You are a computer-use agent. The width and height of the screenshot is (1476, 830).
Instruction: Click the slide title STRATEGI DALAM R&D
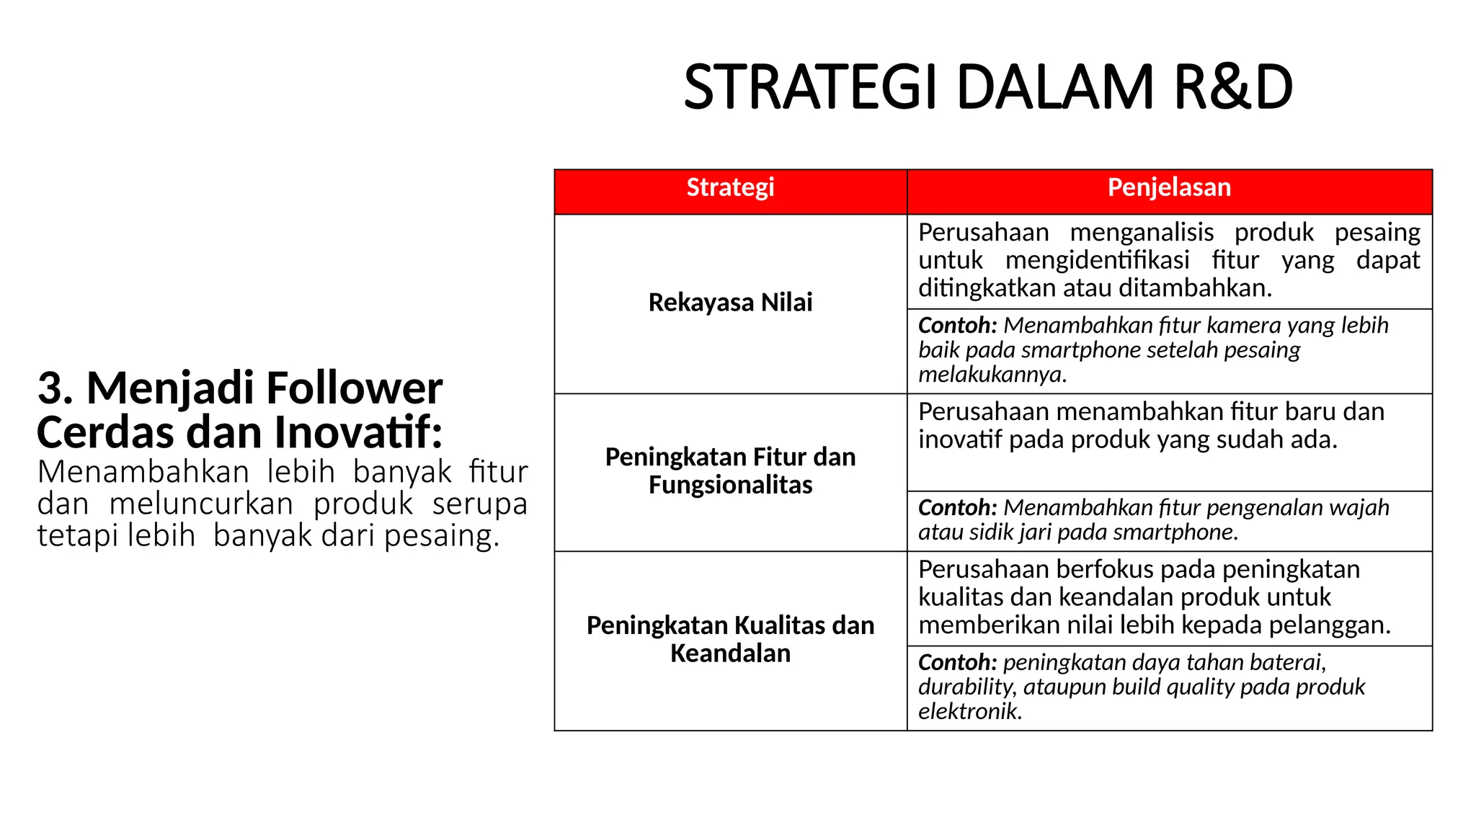point(987,88)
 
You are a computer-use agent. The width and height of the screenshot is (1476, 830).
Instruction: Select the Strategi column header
point(730,187)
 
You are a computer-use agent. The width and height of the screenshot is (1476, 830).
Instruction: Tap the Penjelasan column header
point(1169,187)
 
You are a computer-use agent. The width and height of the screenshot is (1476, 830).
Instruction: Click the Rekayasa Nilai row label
point(730,303)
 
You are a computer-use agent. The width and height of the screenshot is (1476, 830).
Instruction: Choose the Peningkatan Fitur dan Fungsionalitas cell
point(730,471)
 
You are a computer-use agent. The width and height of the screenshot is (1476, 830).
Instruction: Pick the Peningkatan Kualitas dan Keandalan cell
point(730,639)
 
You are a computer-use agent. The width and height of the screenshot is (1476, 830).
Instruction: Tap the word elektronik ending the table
point(970,712)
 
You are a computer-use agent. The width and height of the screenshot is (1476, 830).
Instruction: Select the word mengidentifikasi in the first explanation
point(1097,260)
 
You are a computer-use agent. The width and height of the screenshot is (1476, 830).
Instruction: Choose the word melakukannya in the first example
point(992,375)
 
